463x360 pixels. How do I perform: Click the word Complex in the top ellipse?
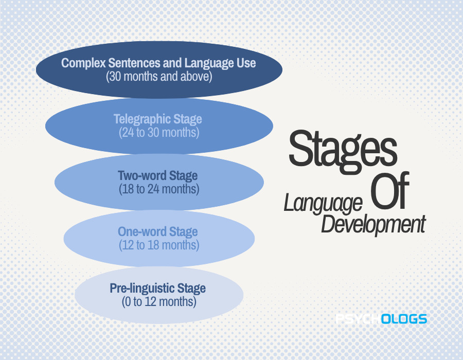coord(83,63)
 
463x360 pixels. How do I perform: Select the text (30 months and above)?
coord(159,77)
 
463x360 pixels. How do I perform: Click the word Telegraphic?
coord(142,119)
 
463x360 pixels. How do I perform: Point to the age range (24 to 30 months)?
coord(159,133)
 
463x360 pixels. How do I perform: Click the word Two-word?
coord(143,175)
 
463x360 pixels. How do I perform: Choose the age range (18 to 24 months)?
coord(159,189)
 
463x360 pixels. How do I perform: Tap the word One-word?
coord(142,231)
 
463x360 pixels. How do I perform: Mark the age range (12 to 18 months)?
coord(159,245)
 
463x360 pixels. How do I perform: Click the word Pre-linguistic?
coord(138,289)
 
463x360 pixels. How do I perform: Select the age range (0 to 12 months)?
coord(159,301)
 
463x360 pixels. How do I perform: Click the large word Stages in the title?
coord(343,151)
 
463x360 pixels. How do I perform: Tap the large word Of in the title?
coord(390,190)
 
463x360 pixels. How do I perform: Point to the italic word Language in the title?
coord(323,204)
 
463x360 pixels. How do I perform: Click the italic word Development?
coord(373,225)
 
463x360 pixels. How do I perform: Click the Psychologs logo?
coord(381,319)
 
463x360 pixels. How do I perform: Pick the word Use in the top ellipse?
coord(246,63)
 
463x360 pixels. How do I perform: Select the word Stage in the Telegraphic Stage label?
coord(187,119)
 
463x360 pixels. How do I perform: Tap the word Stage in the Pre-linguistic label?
coord(191,289)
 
